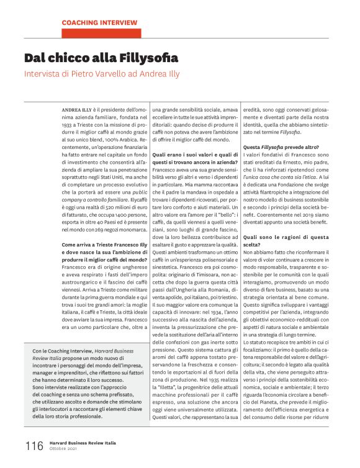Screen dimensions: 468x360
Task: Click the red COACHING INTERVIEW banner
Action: click(99, 22)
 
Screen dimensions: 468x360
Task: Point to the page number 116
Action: click(34, 446)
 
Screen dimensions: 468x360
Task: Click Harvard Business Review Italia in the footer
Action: click(84, 443)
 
